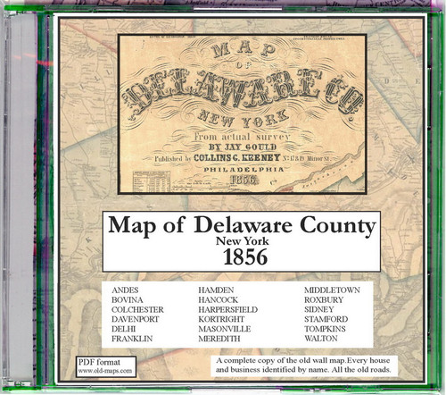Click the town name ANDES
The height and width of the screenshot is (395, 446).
(127, 291)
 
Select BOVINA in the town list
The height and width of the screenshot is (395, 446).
(129, 303)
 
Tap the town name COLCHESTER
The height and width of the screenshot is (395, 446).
(140, 315)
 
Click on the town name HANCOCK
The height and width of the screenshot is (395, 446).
(226, 303)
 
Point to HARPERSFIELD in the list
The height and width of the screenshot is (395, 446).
(235, 315)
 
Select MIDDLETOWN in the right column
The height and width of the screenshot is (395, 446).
(333, 291)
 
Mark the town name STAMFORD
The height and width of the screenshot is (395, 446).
(326, 327)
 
